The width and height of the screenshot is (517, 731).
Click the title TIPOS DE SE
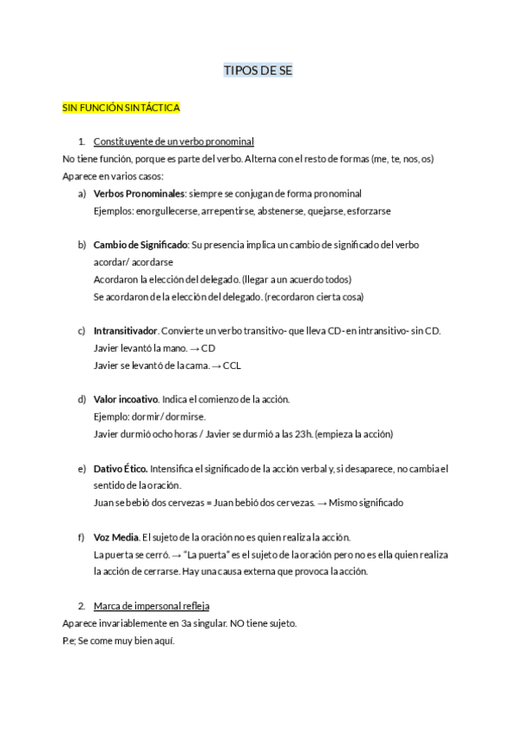tap(258, 71)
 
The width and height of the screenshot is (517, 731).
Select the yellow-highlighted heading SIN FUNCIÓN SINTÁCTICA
tap(121, 108)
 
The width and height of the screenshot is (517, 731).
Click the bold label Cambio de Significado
tap(140, 245)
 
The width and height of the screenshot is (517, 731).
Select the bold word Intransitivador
tap(125, 331)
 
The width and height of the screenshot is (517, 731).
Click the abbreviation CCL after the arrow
tap(232, 365)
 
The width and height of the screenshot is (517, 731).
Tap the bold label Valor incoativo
tap(126, 399)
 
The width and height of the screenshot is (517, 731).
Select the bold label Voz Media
tap(115, 537)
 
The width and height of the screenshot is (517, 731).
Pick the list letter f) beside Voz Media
tap(82, 537)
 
